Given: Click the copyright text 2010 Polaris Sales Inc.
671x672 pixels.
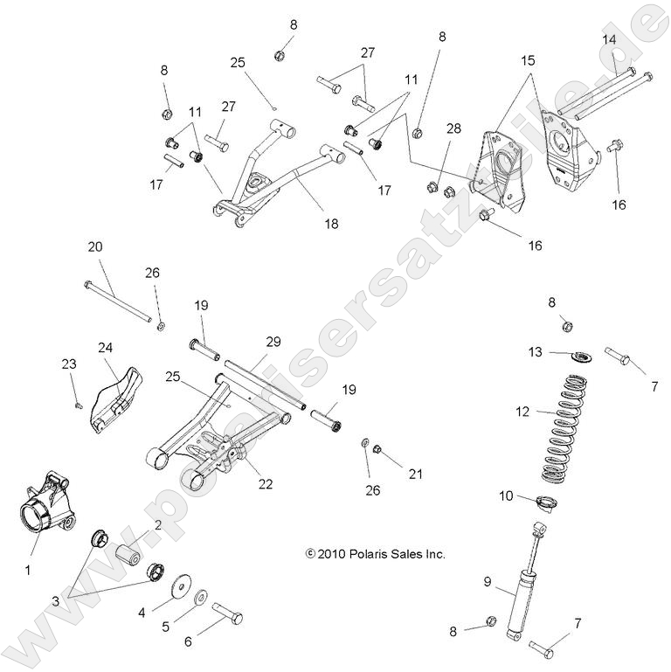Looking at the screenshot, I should (x=376, y=554).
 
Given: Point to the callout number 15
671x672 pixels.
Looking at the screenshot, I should (x=528, y=61).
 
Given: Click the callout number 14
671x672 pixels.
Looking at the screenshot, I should (x=609, y=39).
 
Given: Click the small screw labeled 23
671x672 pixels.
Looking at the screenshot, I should (x=78, y=405).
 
